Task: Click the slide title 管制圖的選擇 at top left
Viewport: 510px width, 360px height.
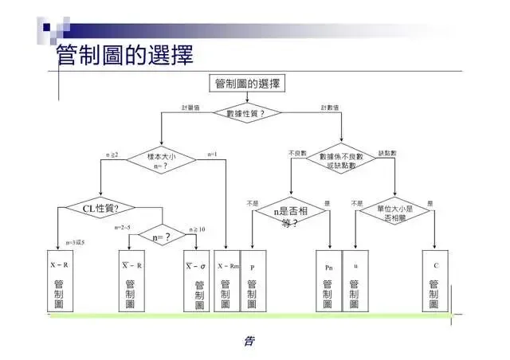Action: [x=125, y=55]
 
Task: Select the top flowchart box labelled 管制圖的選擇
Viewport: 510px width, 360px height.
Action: [x=247, y=84]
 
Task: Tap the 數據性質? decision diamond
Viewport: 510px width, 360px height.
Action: [x=247, y=113]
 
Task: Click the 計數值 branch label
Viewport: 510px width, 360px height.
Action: [x=330, y=107]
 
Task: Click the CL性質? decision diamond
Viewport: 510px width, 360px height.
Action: [x=100, y=208]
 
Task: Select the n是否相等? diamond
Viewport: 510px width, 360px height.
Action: [x=290, y=215]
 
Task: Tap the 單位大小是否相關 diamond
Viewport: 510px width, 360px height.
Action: [x=395, y=213]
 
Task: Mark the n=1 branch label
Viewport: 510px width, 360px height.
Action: [x=213, y=154]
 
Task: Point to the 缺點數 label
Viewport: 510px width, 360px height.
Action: [x=387, y=152]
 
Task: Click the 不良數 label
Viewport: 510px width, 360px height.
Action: [x=296, y=152]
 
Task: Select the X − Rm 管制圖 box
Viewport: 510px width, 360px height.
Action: [x=227, y=282]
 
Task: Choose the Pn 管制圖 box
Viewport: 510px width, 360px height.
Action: [x=329, y=282]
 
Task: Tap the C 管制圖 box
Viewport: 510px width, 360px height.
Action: [x=435, y=282]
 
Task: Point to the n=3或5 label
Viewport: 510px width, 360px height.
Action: [x=75, y=242]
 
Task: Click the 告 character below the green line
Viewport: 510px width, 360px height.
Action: [x=249, y=341]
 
